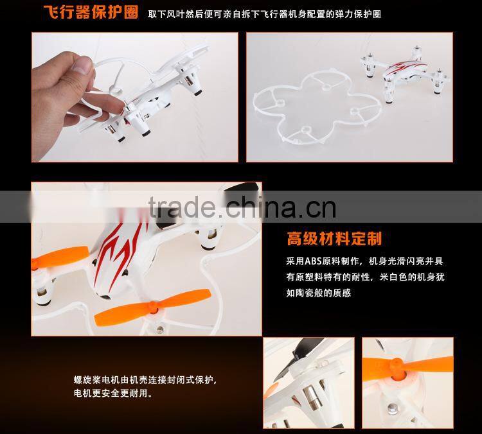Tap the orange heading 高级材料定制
point(334,239)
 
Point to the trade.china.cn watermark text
point(242,207)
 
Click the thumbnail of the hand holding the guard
point(135,97)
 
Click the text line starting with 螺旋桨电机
point(145,380)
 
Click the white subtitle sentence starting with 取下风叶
point(264,13)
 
